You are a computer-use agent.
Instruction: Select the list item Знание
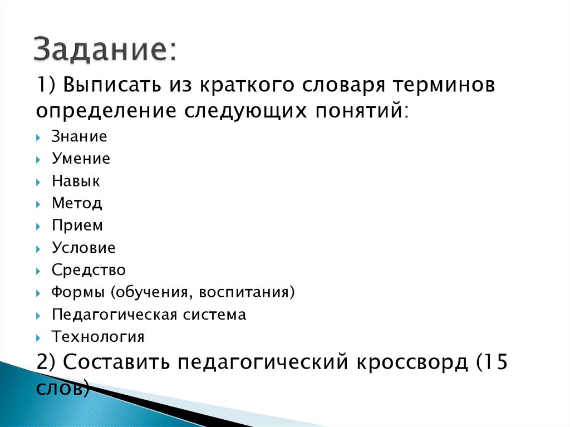pyautogui.click(x=79, y=137)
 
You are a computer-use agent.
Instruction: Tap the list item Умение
pyautogui.click(x=81, y=159)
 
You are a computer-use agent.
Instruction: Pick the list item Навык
pyautogui.click(x=76, y=181)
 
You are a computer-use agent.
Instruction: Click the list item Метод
pyautogui.click(x=77, y=203)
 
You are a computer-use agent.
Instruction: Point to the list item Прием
pyautogui.click(x=77, y=225)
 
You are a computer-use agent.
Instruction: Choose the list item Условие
pyautogui.click(x=83, y=248)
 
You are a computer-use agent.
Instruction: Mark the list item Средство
pyautogui.click(x=89, y=270)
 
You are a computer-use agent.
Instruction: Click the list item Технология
pyautogui.click(x=98, y=337)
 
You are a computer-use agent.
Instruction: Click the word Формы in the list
pyautogui.click(x=77, y=292)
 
